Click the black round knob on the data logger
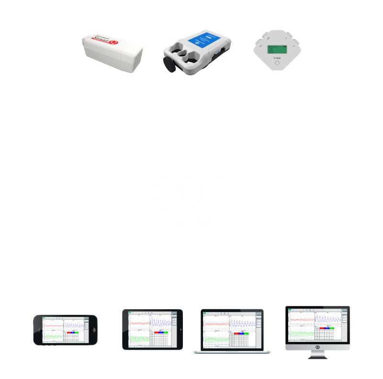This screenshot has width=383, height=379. click(x=169, y=64)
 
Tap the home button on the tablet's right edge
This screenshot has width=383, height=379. click(x=180, y=329)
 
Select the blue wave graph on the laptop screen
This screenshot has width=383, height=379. click(x=242, y=323)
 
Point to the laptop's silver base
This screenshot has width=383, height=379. click(x=231, y=352)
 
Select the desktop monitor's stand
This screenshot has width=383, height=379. click(x=317, y=357)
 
